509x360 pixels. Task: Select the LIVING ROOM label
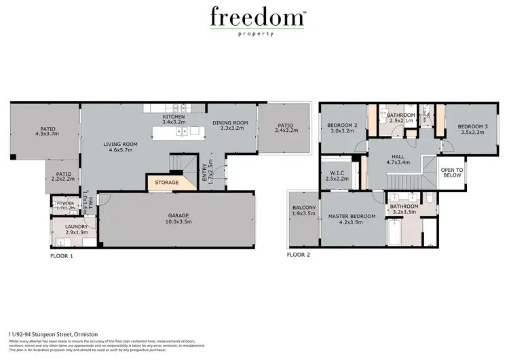point(121,147)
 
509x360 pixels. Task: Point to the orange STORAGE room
point(166,182)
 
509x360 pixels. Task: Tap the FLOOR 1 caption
point(62,256)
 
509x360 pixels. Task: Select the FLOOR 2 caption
point(298,255)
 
